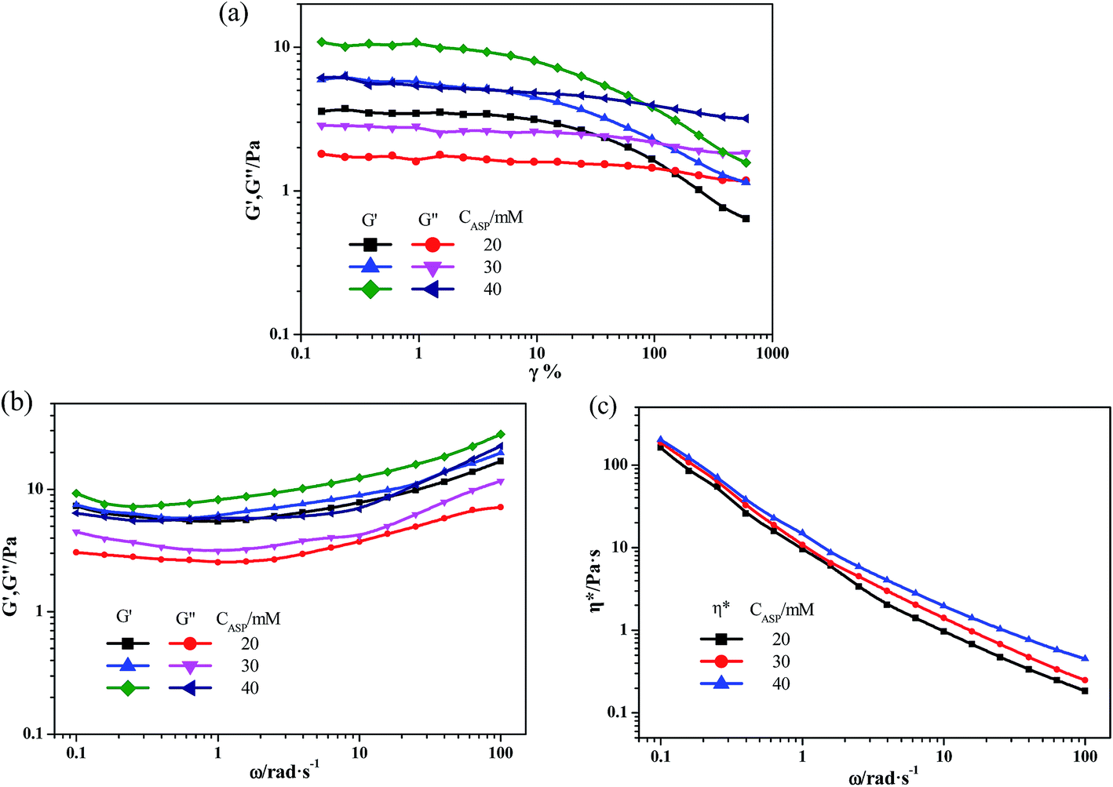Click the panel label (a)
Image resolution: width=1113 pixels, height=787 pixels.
(233, 13)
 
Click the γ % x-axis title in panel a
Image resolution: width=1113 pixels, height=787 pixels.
(545, 373)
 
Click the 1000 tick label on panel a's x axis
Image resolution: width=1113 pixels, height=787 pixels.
(772, 353)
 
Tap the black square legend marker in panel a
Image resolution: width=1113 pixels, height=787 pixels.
(370, 245)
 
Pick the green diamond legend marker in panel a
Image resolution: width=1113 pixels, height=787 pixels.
(370, 289)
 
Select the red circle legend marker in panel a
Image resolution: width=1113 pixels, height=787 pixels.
(432, 245)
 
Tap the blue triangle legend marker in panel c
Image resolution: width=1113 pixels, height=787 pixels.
(721, 683)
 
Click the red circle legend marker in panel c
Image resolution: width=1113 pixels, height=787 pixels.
(721, 661)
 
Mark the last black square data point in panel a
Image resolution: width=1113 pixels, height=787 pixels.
(746, 218)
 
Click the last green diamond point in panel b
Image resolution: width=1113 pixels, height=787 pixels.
(500, 434)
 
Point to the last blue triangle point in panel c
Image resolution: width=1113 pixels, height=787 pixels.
(1085, 658)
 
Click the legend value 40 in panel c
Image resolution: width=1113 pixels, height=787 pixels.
(780, 683)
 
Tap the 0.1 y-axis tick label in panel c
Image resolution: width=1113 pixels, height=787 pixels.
(619, 712)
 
